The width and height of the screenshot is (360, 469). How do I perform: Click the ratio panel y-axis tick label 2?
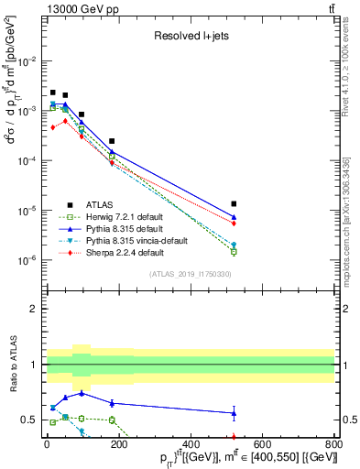35,309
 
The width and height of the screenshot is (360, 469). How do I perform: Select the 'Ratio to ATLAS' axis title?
12,364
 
